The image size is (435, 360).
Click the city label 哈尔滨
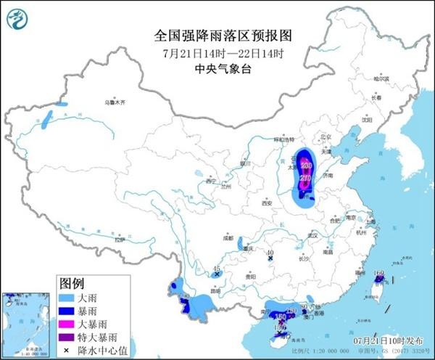tap(381, 78)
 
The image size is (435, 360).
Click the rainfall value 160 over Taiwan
tap(378, 275)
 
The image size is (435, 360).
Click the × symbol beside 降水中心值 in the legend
tap(67, 350)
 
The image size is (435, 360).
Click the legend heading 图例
tap(72, 282)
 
